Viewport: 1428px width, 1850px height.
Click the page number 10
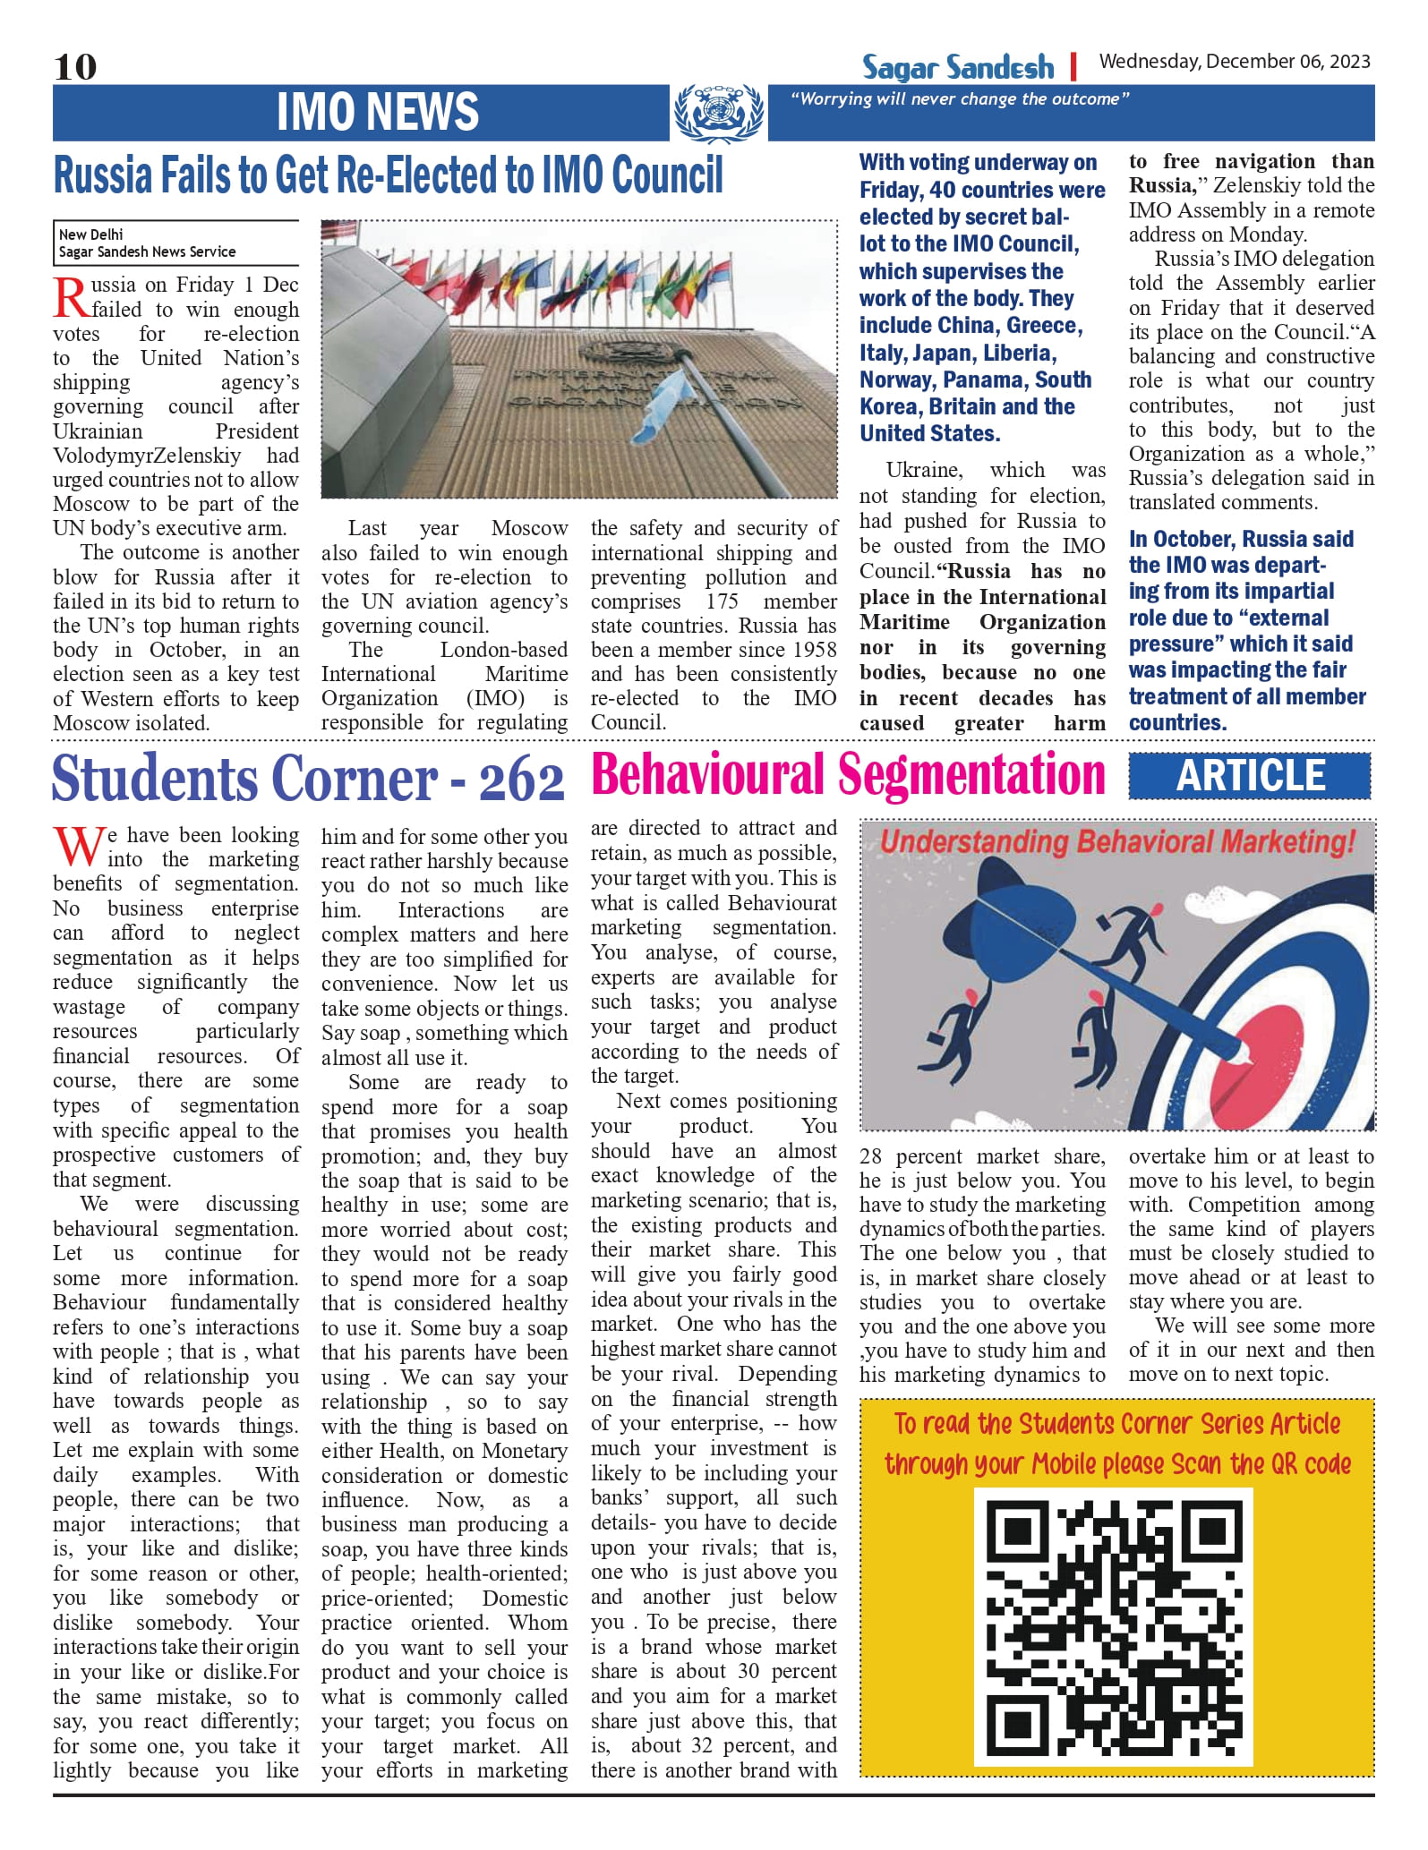coord(75,67)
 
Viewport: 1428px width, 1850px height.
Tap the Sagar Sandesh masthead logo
coord(958,67)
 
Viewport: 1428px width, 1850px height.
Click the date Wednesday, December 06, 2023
coord(1235,62)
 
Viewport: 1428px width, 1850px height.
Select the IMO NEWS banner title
coord(377,112)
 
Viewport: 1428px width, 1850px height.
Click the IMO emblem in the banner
coord(718,113)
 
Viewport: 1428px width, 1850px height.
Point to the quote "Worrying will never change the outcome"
coord(960,99)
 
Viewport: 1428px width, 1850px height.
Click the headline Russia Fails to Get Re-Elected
coord(388,175)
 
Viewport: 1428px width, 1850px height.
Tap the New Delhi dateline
coord(91,234)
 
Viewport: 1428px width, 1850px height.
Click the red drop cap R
coord(71,298)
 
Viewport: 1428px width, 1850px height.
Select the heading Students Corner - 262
coord(308,779)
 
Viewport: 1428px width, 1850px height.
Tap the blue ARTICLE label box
coord(1249,776)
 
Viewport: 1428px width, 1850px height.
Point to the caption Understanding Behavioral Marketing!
coord(1117,842)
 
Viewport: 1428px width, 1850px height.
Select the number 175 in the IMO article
coord(722,601)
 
